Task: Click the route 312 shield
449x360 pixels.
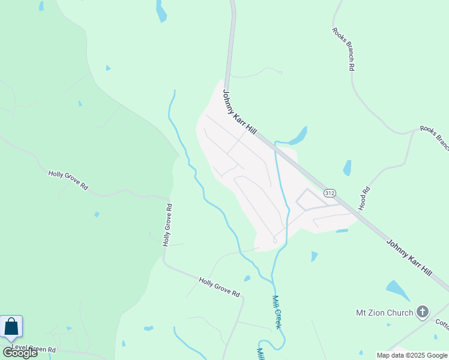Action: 329,193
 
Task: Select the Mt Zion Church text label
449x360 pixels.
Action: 384,313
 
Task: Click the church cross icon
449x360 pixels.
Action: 423,311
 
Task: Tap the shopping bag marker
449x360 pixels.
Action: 11,327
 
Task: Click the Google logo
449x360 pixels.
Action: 20,352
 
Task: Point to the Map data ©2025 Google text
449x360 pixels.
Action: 412,355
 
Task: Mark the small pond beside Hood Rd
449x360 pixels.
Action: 347,168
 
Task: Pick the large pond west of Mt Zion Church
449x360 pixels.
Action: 397,290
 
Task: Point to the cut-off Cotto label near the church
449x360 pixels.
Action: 442,325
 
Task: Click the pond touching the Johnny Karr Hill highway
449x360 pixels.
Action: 298,136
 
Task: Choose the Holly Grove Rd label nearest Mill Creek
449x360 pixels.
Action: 220,287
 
